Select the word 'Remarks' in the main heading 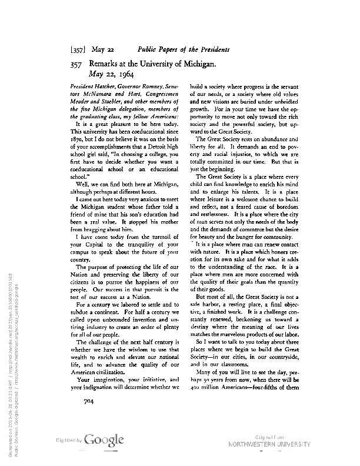(108, 62)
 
